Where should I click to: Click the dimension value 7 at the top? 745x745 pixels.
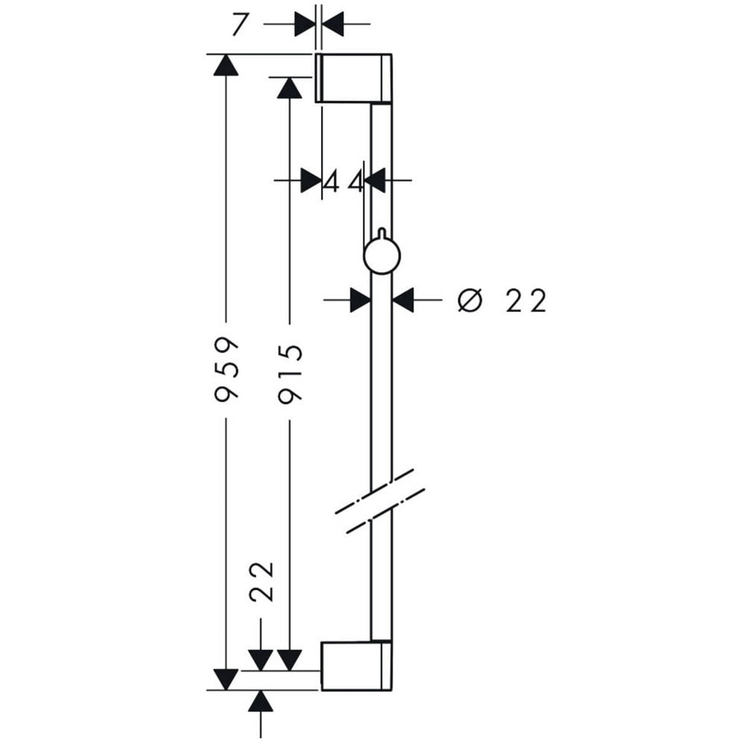click(240, 25)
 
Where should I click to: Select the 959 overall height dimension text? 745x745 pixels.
click(226, 370)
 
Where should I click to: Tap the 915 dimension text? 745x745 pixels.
click(290, 375)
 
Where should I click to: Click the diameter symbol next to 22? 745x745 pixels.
click(470, 300)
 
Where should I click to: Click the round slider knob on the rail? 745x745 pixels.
click(382, 256)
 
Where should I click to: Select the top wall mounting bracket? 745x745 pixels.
click(353, 78)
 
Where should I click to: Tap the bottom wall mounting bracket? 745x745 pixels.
click(356, 665)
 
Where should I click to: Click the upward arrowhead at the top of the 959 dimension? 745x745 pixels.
click(226, 65)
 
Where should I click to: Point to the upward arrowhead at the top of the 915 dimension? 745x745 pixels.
click(289, 87)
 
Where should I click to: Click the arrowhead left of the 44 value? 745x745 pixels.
click(311, 180)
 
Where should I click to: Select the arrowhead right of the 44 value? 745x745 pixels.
click(375, 180)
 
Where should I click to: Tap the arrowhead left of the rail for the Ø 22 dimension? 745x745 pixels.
click(361, 299)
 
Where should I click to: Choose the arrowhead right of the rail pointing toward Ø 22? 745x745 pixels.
click(403, 299)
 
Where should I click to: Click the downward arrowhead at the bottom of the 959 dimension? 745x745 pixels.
click(226, 679)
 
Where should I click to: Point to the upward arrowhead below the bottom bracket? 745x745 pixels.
click(261, 701)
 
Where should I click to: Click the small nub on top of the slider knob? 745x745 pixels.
click(381, 232)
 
